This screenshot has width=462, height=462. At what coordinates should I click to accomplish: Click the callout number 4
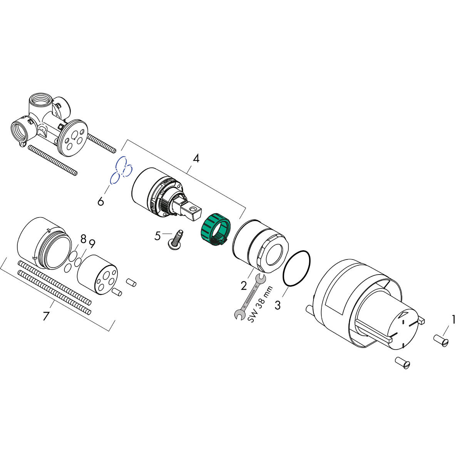click(196, 158)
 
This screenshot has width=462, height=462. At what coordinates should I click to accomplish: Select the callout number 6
click(100, 201)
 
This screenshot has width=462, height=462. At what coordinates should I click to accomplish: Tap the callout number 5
click(157, 236)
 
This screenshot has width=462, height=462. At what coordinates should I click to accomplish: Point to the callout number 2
click(243, 286)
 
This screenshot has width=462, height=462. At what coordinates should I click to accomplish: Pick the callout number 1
click(454, 319)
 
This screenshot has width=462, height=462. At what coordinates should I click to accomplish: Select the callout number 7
click(46, 316)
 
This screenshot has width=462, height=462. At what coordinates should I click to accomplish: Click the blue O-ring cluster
click(121, 170)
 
